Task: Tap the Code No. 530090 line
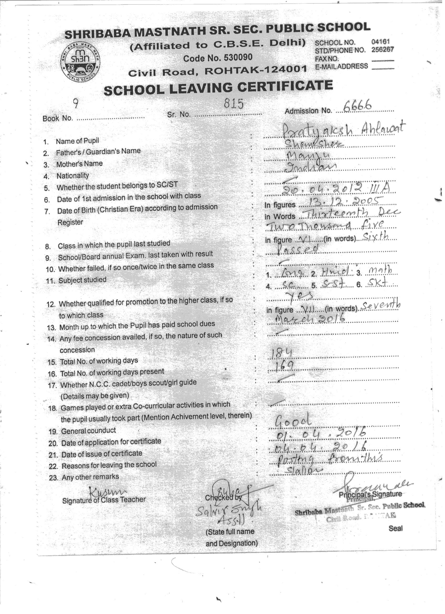tap(218, 58)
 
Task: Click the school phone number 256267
tap(383, 50)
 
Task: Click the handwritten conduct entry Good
tap(293, 421)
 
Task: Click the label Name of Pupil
tap(77, 141)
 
